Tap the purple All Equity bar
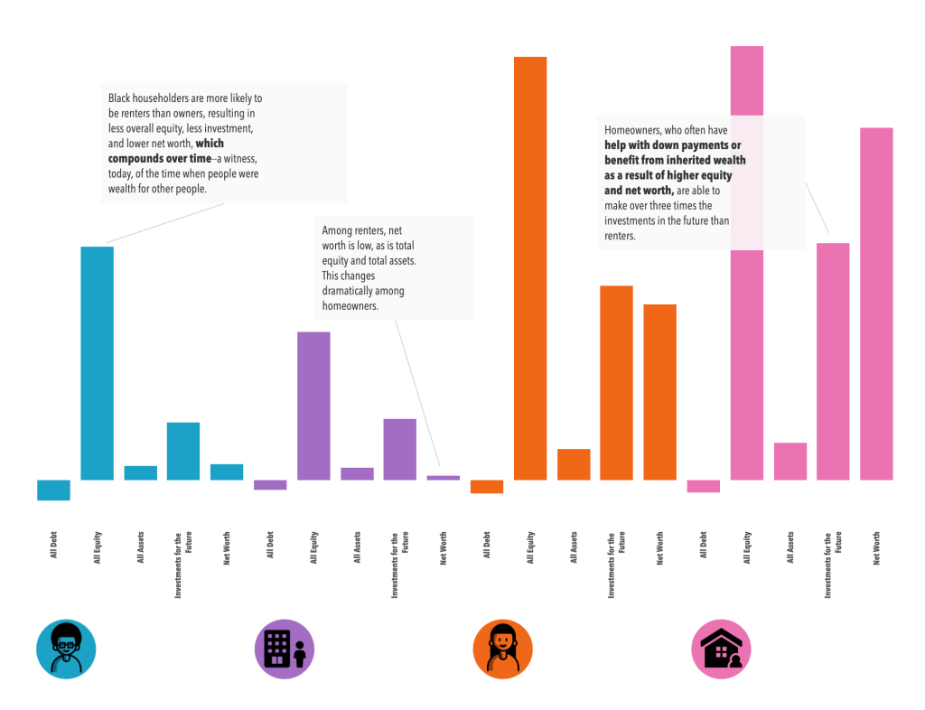(313, 406)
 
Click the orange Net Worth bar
(660, 392)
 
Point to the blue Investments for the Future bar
(183, 451)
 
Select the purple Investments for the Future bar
(400, 449)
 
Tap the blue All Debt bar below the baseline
(53, 490)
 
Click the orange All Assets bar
(574, 464)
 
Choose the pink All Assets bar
(790, 461)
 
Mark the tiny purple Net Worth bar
(444, 477)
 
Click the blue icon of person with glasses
(66, 649)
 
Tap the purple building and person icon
(285, 649)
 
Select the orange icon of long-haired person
(503, 649)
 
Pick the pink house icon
(721, 649)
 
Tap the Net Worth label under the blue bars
(227, 549)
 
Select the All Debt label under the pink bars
(704, 546)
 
